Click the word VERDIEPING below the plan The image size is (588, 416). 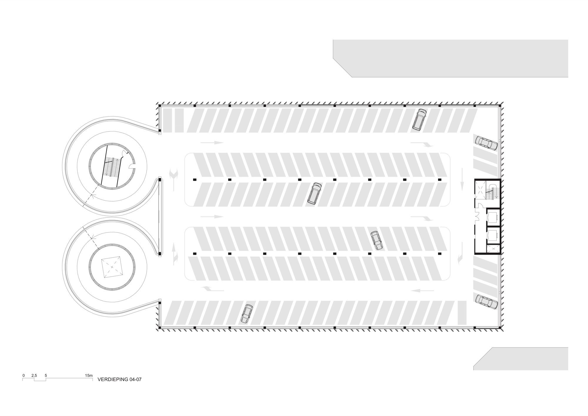click(x=113, y=379)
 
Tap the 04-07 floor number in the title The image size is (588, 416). click(x=135, y=379)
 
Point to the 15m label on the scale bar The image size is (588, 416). click(x=89, y=375)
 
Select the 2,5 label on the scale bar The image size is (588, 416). click(x=34, y=375)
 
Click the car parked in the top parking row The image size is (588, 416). click(x=419, y=120)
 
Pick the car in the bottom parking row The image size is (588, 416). click(x=247, y=314)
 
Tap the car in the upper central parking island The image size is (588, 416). click(x=314, y=193)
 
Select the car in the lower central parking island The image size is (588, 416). click(x=376, y=241)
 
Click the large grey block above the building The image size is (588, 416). click(x=450, y=59)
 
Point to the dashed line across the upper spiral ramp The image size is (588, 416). click(x=92, y=195)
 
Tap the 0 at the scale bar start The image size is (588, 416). click(x=24, y=375)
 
